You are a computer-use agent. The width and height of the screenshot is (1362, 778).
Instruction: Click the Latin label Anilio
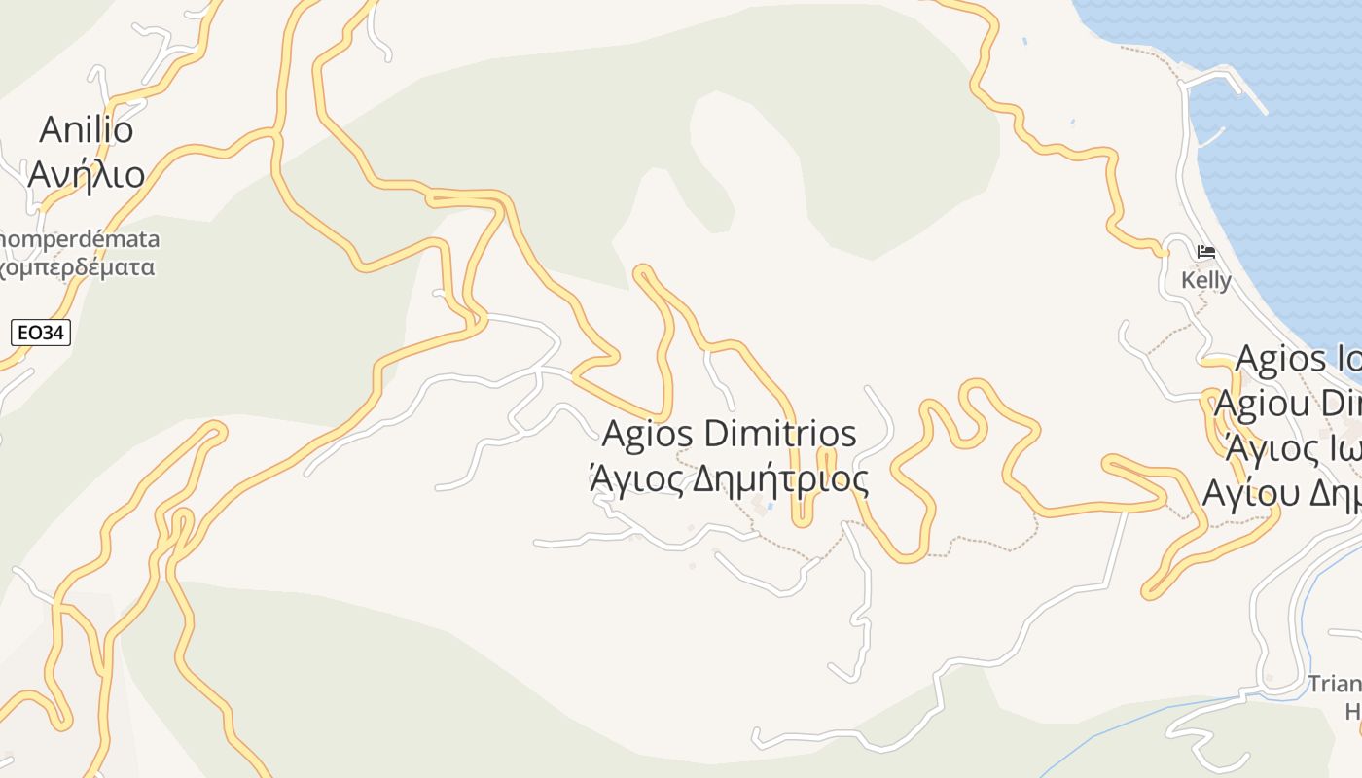click(87, 129)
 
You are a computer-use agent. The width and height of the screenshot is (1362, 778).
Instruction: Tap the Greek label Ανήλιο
click(87, 174)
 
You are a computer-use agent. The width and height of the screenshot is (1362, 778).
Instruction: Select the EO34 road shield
click(41, 333)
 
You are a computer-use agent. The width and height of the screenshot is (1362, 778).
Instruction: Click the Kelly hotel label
click(1205, 281)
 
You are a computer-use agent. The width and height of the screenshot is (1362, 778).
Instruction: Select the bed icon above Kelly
click(1206, 252)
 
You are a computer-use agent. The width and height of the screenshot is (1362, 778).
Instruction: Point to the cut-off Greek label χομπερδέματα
click(78, 267)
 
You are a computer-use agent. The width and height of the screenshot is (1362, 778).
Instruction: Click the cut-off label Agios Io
click(1298, 360)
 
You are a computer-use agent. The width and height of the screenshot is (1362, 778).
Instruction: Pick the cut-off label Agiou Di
click(1288, 404)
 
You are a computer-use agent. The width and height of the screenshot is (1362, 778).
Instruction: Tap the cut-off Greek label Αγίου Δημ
click(1282, 493)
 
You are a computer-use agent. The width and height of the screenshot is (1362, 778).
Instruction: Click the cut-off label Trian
click(1334, 684)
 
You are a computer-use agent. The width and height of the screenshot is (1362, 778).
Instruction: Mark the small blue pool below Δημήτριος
click(771, 506)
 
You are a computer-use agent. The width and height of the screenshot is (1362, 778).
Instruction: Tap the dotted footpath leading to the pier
click(1148, 53)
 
